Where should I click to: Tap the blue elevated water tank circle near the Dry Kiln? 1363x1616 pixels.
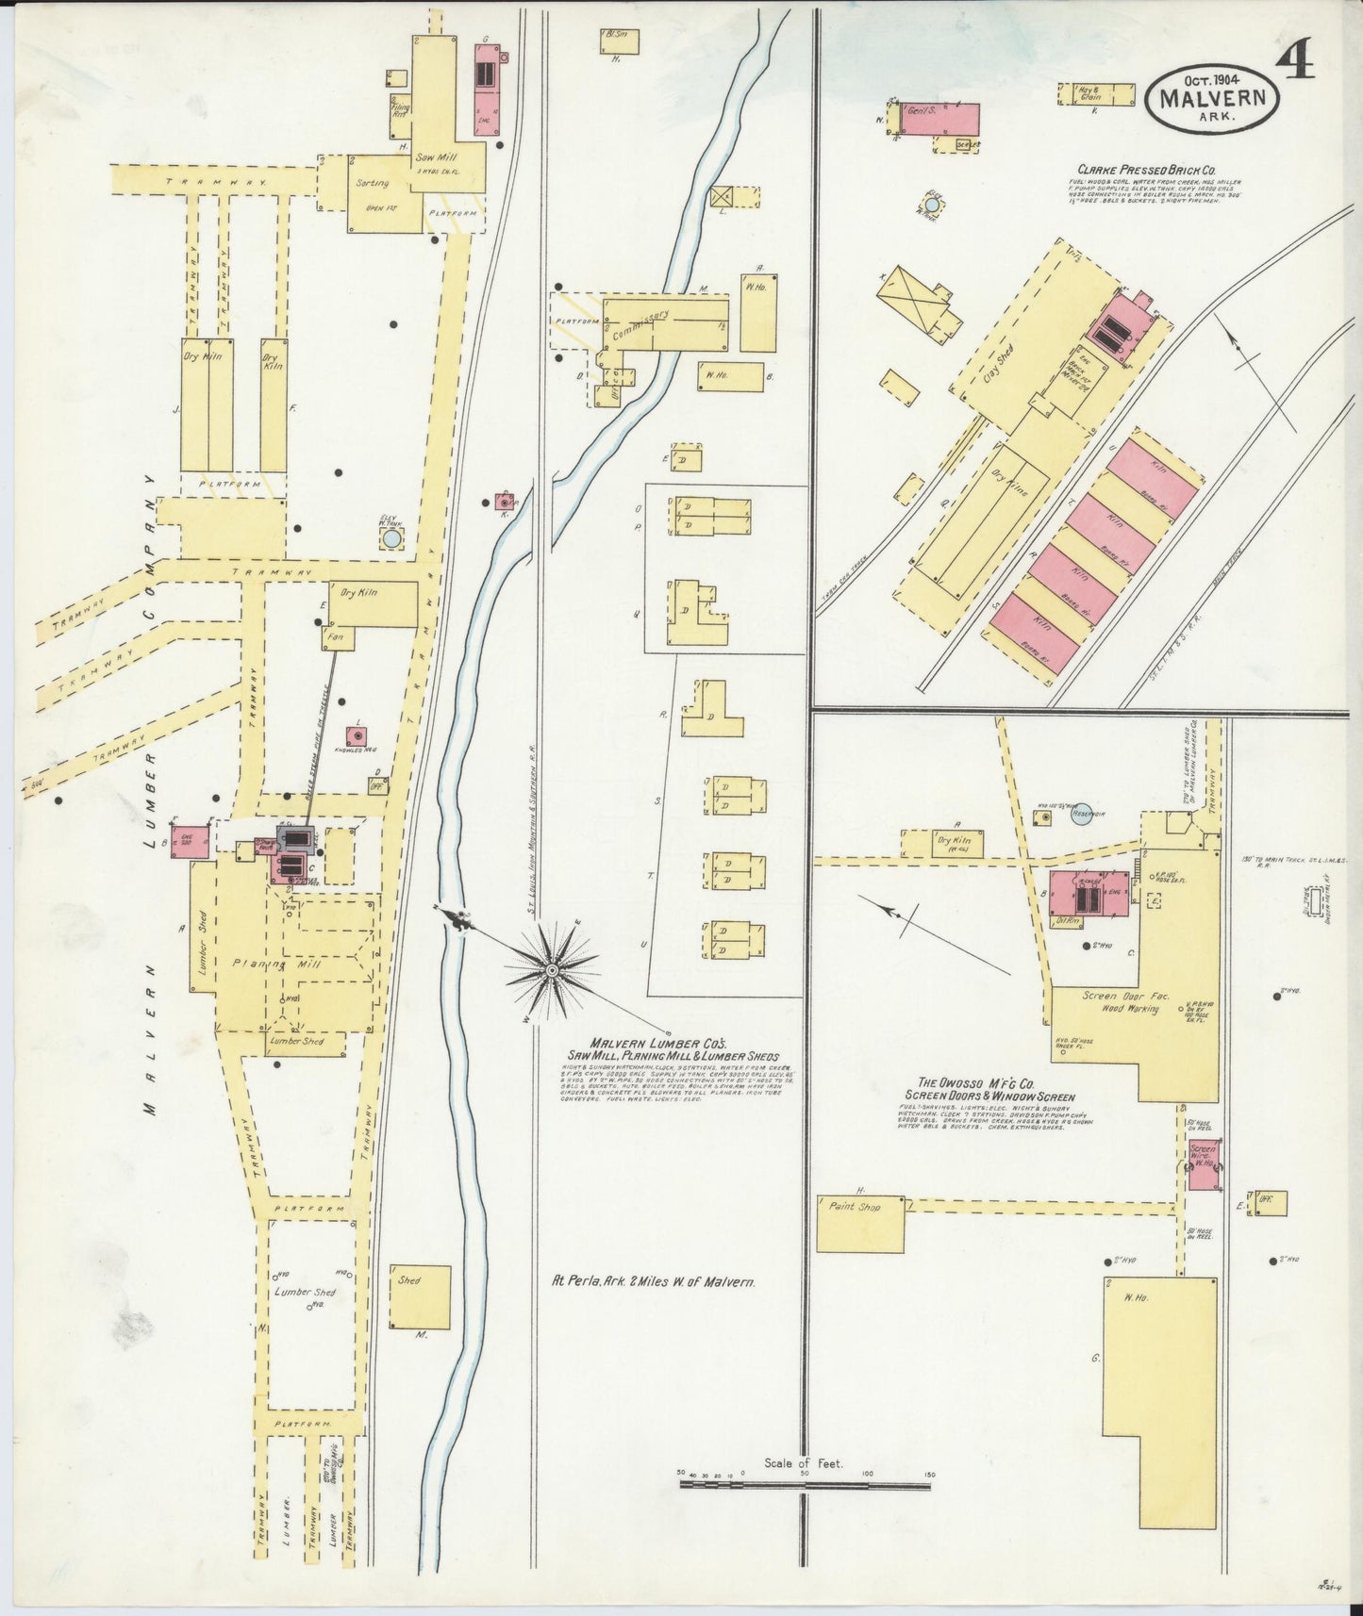coord(391,538)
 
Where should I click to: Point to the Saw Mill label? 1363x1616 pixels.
coord(431,157)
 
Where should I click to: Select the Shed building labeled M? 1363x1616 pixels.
coord(420,1296)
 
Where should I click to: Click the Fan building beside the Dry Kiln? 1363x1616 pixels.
coord(333,638)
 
